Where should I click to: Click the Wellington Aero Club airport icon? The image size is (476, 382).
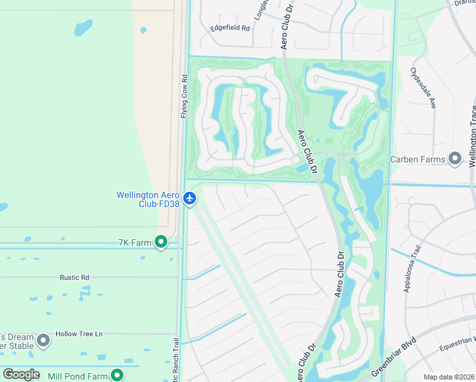coord(190,198)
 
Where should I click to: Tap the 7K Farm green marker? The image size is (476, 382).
coord(161,241)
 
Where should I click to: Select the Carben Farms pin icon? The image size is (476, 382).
coord(455,159)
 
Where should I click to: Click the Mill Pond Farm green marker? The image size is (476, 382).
coord(116,376)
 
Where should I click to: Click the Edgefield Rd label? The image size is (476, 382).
coord(230,29)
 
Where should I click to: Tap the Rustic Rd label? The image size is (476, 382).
coord(74,278)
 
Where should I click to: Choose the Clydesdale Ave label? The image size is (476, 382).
coord(423,88)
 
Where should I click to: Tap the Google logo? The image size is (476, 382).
coord(21,374)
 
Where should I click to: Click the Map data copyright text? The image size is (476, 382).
coord(449,377)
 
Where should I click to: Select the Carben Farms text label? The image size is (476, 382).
coord(417,159)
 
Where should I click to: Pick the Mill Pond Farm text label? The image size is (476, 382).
coord(78,376)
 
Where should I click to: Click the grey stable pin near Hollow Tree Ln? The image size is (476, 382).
coord(43,341)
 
